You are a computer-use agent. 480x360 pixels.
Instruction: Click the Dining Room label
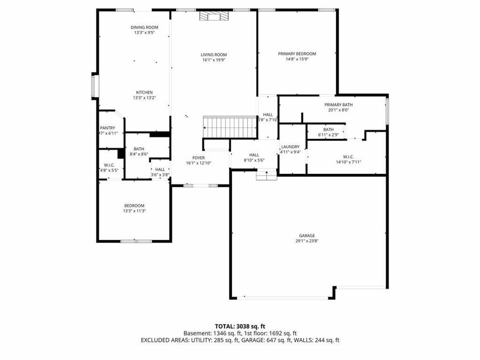point(145,27)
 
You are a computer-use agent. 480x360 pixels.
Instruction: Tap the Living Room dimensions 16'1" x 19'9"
point(214,60)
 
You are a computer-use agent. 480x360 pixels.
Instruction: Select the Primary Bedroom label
point(297,54)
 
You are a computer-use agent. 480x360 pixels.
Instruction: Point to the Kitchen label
point(144,92)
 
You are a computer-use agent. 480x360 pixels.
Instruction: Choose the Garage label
point(307,236)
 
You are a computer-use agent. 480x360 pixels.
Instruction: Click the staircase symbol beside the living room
point(231,127)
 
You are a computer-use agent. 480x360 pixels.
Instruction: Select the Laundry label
point(290,147)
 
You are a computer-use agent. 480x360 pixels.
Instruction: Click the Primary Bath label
point(339,105)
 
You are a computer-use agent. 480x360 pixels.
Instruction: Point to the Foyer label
point(198,158)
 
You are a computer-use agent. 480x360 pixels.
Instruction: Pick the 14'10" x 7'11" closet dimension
point(345,162)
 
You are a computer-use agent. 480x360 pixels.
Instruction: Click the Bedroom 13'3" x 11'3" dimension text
point(134,211)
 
